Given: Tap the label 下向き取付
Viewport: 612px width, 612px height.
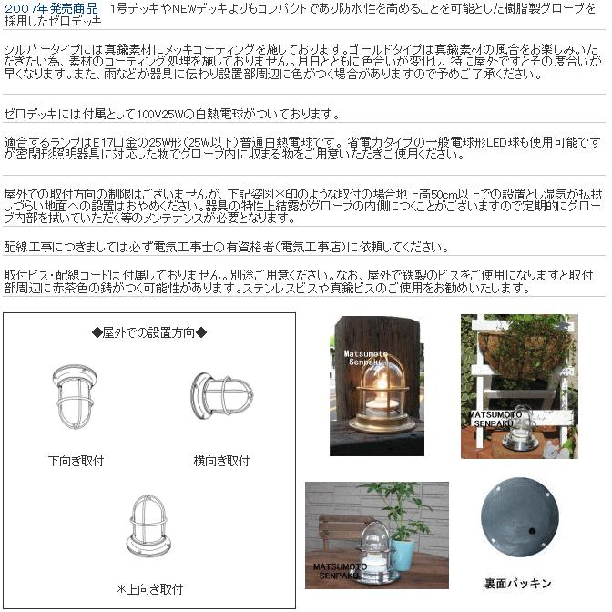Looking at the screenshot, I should [x=76, y=461].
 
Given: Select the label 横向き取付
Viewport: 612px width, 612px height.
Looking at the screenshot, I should [x=221, y=461].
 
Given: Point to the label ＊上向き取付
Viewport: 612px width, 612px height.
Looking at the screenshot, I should [x=149, y=589].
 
